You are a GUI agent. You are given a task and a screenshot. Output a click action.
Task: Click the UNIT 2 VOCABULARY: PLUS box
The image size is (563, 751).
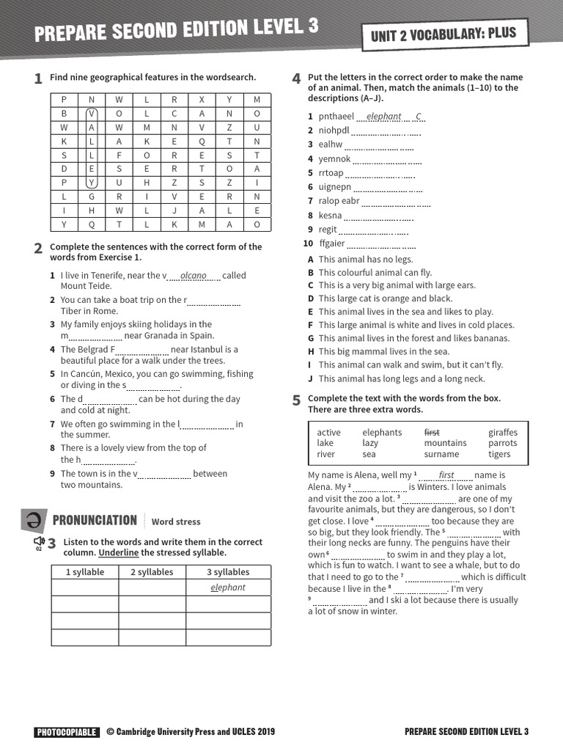click(444, 33)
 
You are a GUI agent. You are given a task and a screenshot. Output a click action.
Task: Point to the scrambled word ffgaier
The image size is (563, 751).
click(332, 243)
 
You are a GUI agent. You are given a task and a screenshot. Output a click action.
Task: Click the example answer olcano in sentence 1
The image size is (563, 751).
click(194, 276)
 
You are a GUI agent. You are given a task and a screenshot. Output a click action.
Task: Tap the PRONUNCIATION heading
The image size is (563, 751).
click(95, 521)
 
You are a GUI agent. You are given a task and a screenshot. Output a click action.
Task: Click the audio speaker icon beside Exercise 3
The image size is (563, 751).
click(39, 541)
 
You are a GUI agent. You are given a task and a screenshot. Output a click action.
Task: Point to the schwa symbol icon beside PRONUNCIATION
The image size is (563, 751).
click(34, 521)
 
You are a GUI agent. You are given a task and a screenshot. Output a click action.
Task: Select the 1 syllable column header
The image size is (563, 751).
click(85, 572)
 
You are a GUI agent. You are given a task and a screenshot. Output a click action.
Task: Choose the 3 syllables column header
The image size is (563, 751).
click(227, 572)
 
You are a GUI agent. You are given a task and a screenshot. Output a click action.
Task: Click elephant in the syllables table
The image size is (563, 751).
click(227, 588)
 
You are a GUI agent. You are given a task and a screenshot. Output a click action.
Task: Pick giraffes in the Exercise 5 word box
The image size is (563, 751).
click(502, 433)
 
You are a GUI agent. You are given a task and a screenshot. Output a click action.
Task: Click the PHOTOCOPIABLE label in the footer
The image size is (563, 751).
click(66, 732)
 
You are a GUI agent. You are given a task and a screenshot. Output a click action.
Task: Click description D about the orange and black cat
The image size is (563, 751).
click(385, 298)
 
